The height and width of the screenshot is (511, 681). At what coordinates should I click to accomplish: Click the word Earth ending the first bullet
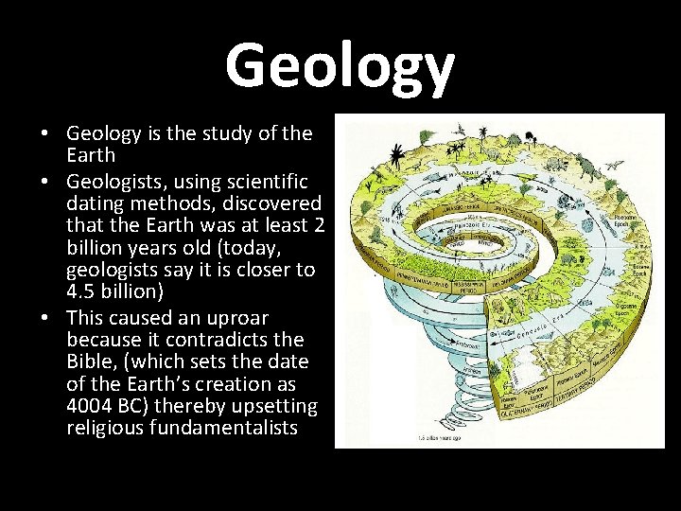91,155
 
